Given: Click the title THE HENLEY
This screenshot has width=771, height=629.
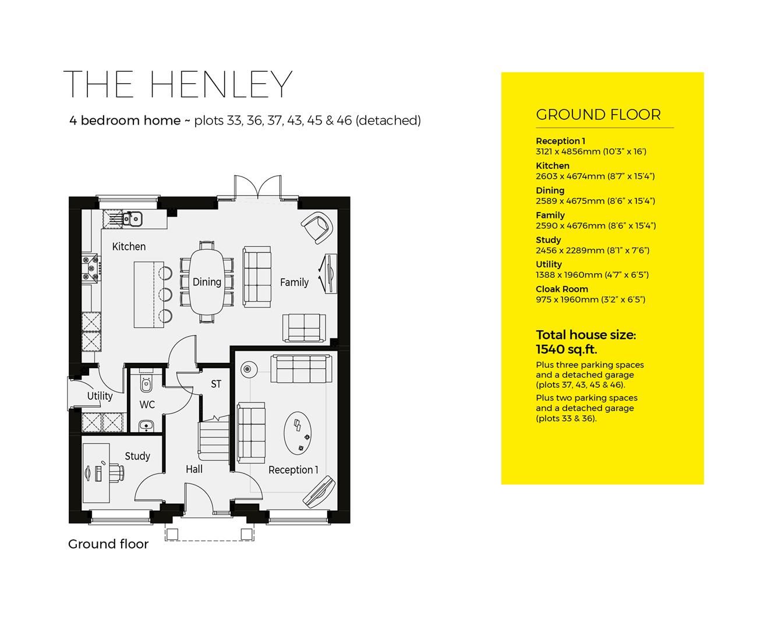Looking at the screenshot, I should click(178, 85).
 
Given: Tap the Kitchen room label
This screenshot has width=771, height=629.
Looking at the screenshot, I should click(129, 246).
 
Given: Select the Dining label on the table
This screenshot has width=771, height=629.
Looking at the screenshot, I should click(207, 282).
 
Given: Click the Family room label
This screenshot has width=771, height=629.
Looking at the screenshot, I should click(294, 282).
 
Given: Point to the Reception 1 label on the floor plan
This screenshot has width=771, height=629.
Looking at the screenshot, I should click(293, 470).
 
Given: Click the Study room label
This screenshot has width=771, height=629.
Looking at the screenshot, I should click(137, 456).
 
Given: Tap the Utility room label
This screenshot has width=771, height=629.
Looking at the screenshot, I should click(100, 396).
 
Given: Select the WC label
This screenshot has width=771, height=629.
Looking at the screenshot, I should click(147, 404).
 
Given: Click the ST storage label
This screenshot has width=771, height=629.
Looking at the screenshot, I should click(216, 384).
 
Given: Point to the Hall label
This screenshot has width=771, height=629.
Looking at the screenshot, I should click(194, 469).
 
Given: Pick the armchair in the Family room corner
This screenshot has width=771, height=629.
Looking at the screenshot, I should click(317, 227).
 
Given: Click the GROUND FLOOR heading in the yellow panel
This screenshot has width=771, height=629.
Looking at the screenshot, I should click(598, 115).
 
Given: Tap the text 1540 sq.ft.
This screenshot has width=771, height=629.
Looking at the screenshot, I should click(566, 349).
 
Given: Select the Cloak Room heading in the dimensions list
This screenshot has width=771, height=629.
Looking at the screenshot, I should click(561, 289).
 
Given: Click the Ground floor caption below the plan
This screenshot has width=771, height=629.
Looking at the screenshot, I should click(108, 544).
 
